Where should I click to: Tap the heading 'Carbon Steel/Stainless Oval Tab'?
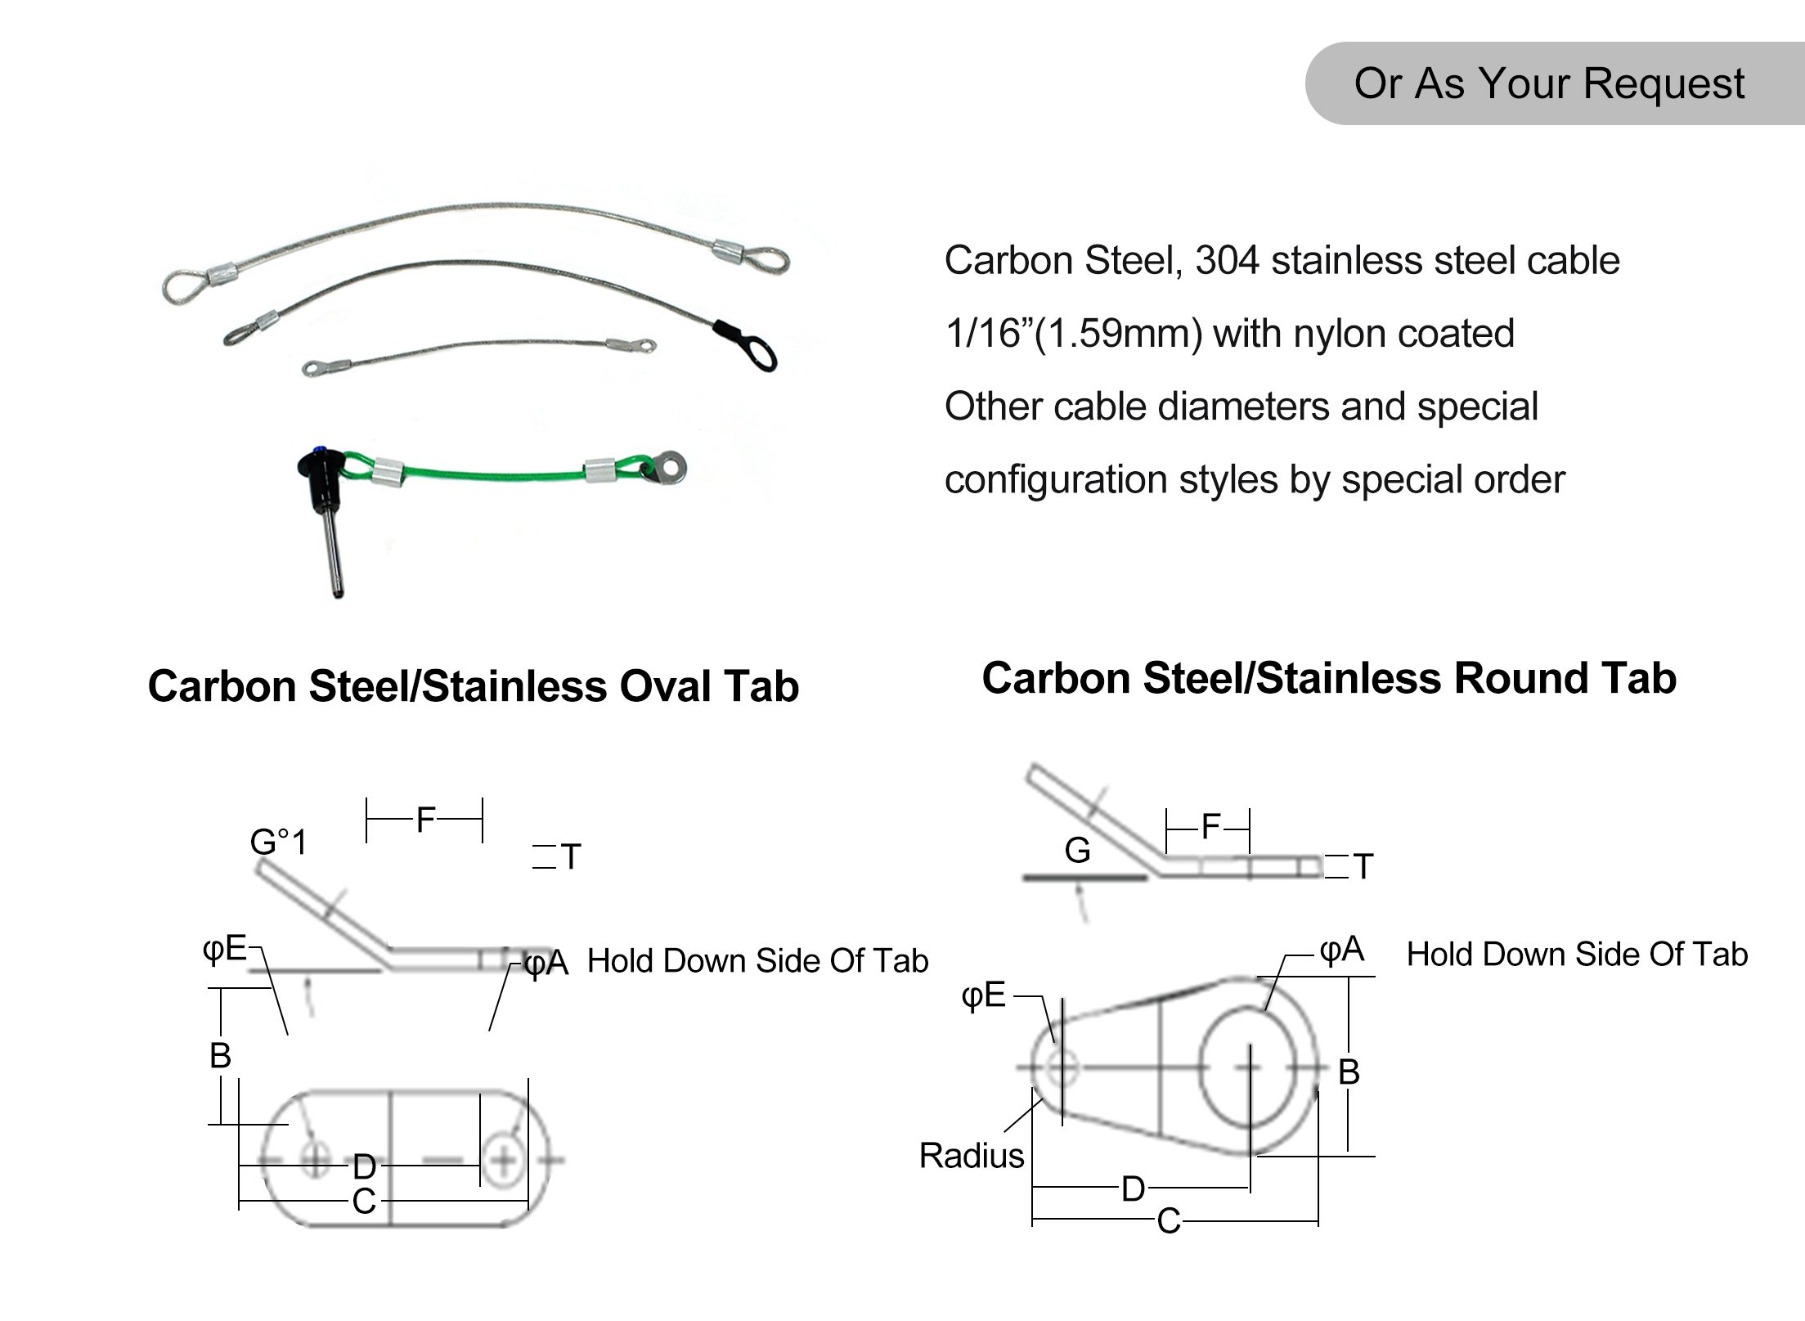[x=473, y=685]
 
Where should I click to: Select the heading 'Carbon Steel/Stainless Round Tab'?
[x=1329, y=678]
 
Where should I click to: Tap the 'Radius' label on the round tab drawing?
[x=971, y=1156]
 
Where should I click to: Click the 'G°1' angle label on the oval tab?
[x=278, y=842]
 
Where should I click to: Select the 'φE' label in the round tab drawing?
[x=983, y=995]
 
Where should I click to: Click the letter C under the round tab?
[x=1168, y=1221]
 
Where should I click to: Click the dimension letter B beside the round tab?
[x=1349, y=1072]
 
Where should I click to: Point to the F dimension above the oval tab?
[x=425, y=820]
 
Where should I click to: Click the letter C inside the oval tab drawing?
[x=364, y=1202]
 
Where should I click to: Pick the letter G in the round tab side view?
[x=1077, y=851]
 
